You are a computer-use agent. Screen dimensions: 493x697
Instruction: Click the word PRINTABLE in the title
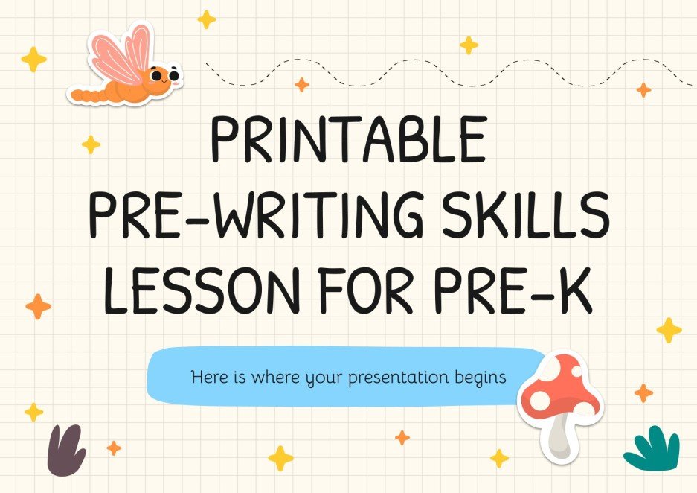coord(348,141)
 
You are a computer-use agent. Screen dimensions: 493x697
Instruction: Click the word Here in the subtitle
coord(207,377)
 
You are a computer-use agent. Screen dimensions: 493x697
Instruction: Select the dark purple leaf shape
coord(66,451)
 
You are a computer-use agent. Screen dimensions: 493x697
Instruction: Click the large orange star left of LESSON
coord(38,306)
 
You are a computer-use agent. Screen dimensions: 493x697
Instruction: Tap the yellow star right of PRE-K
coord(669,329)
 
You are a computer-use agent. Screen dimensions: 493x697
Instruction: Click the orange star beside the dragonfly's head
coord(302,85)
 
